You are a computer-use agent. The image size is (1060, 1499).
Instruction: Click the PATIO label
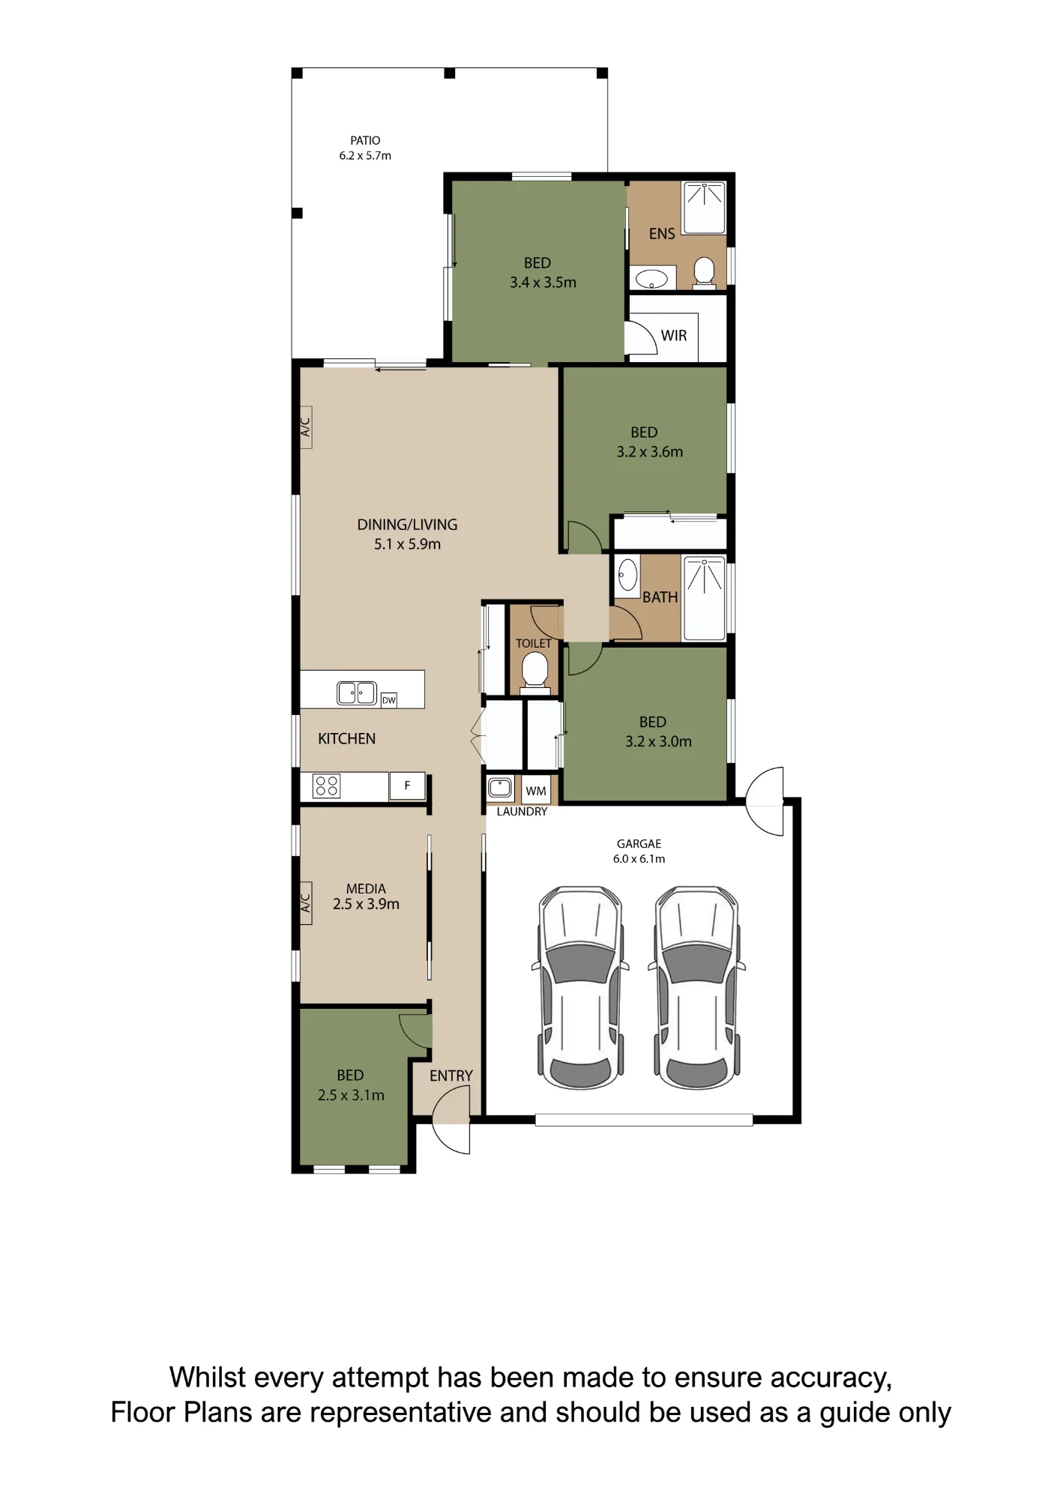(365, 140)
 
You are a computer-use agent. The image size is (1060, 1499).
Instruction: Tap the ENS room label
(662, 234)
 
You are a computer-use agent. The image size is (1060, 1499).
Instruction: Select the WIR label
(674, 336)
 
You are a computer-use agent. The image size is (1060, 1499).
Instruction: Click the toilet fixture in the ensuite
(704, 271)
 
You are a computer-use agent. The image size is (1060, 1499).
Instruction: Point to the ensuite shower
(705, 208)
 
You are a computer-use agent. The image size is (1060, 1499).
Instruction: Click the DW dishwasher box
(389, 700)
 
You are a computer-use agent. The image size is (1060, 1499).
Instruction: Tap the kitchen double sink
(357, 693)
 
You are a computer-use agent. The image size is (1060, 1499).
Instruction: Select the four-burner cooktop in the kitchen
(326, 785)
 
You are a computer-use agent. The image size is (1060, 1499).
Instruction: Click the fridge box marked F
(407, 785)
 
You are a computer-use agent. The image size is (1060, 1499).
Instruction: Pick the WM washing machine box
(536, 791)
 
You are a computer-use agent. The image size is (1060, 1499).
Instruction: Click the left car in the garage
(580, 987)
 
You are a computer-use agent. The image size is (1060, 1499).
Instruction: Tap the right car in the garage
(697, 987)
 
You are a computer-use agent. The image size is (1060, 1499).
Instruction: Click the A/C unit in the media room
(306, 903)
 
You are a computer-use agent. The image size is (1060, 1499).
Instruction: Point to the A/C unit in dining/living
(306, 427)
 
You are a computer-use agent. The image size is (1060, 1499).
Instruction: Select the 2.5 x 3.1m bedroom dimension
(351, 1095)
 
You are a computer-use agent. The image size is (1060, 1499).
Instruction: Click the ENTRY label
(451, 1076)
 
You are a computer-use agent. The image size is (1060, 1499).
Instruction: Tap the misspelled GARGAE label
(639, 844)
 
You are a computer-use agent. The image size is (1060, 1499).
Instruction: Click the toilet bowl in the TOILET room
(534, 669)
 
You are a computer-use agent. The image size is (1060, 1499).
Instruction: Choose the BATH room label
(660, 597)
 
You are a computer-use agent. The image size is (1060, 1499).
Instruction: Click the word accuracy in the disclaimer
(831, 1378)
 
